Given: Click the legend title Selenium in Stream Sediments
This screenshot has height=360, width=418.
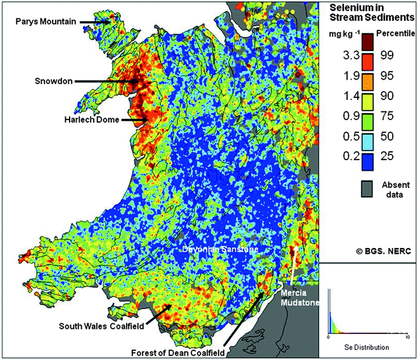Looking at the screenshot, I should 366,13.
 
